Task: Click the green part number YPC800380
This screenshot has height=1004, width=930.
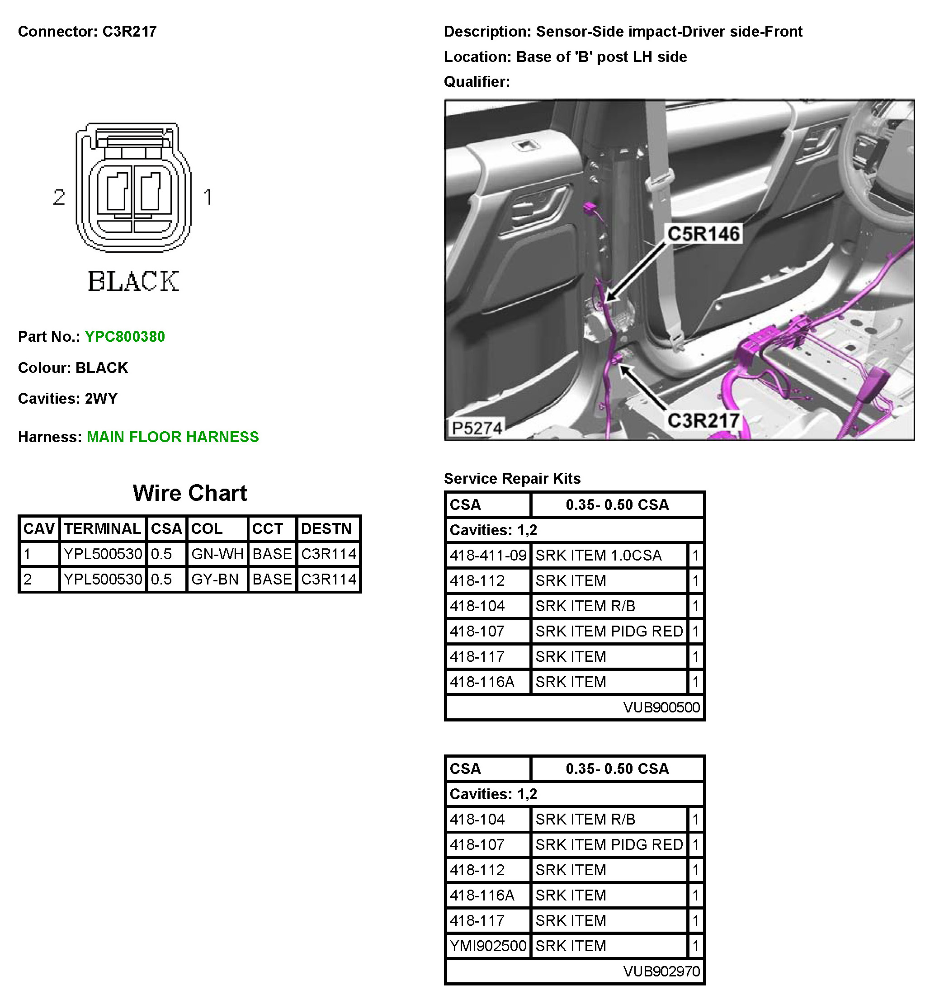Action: [x=124, y=337]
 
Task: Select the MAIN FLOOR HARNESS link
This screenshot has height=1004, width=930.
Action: [x=173, y=437]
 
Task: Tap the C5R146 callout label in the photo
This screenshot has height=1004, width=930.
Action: [x=703, y=234]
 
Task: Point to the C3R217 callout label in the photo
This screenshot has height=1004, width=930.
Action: [x=703, y=421]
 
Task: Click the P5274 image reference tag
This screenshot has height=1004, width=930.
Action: [x=477, y=428]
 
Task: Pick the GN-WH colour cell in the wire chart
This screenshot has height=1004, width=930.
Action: [x=217, y=554]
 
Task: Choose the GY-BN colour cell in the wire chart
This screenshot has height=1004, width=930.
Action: [x=215, y=579]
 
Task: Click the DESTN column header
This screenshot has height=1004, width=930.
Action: [x=326, y=529]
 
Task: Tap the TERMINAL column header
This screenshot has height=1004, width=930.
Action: [x=103, y=529]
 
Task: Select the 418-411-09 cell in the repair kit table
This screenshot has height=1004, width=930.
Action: [x=488, y=556]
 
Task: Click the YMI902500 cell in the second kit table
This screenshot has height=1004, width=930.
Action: [x=488, y=946]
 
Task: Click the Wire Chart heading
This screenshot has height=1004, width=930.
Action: [x=190, y=493]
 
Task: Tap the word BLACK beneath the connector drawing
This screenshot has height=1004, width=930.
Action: [x=133, y=281]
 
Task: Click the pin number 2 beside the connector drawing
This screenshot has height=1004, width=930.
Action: [x=59, y=197]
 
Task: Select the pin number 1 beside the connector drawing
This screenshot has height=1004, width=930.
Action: [x=208, y=197]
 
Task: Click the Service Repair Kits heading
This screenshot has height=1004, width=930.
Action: [x=512, y=479]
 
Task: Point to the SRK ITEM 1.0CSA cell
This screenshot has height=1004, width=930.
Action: [x=598, y=556]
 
